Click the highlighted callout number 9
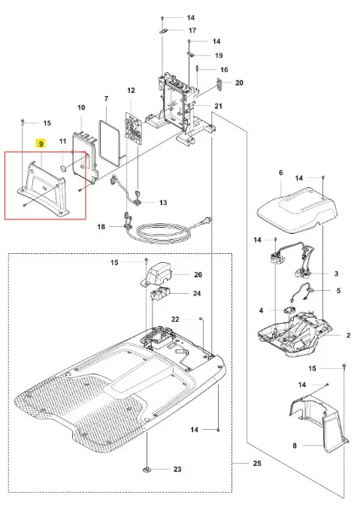pos(41,144)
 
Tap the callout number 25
pos(257,464)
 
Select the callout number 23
pos(177,470)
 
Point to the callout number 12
pos(131,90)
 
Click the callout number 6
pos(281,172)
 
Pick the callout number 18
pos(101,227)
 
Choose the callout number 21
pos(219,106)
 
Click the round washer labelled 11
pos(63,168)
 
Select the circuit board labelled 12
pos(133,128)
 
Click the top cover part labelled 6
pos(297,210)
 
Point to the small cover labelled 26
pos(156,274)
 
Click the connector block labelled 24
pos(159,295)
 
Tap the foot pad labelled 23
pos(147,470)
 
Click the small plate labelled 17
pos(163,31)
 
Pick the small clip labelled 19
pos(190,54)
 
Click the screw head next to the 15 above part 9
pos(22,120)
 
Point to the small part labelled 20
pos(219,84)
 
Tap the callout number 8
pos(295,446)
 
